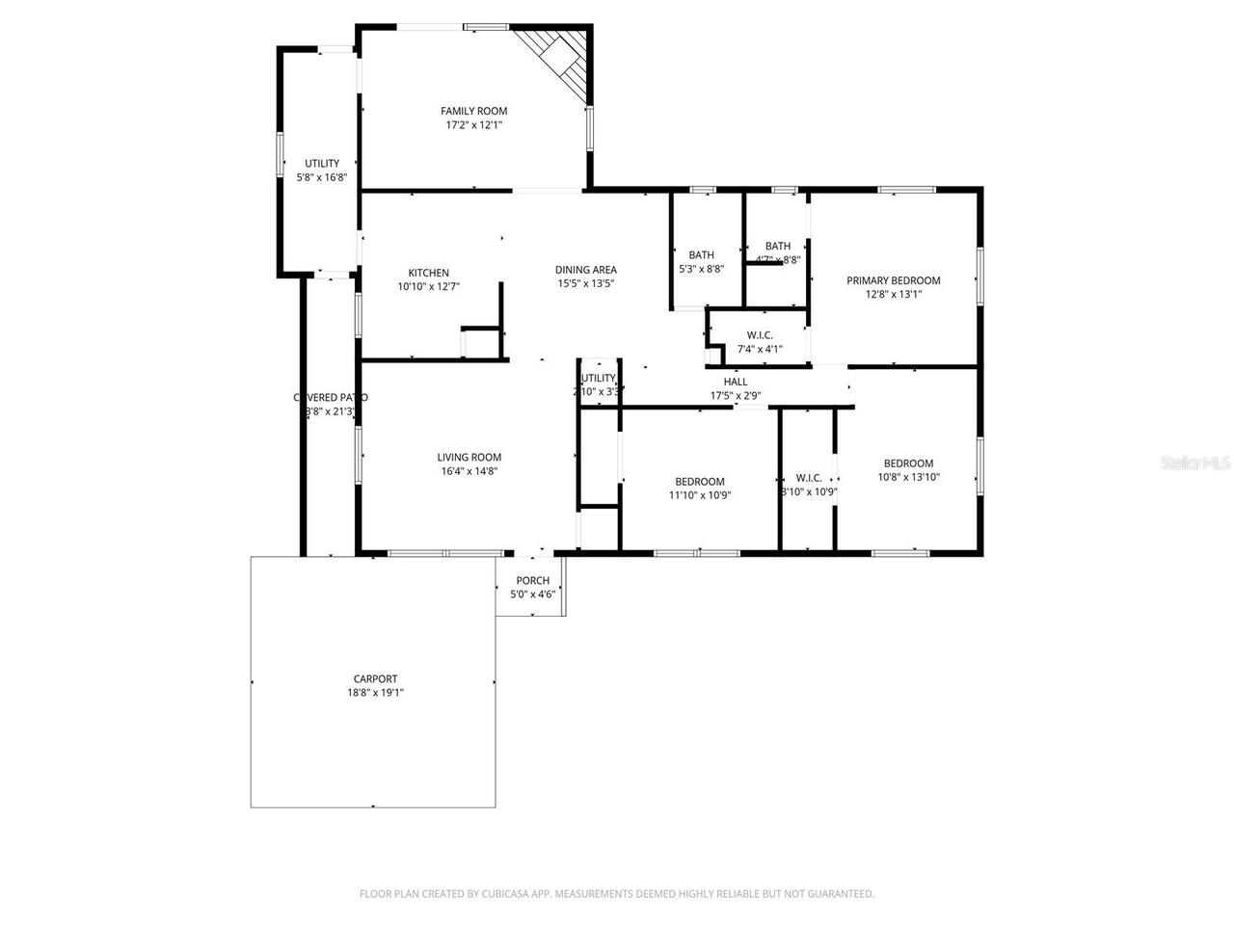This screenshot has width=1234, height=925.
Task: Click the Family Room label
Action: (x=473, y=111)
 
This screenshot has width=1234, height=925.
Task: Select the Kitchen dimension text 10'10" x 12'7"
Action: (x=428, y=286)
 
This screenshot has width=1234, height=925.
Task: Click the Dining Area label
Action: (x=585, y=270)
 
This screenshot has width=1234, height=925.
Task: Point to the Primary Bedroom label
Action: (x=893, y=280)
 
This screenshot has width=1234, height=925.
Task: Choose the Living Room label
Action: (x=469, y=458)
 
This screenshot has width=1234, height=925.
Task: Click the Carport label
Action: (x=375, y=678)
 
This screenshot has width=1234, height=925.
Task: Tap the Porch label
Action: (x=532, y=580)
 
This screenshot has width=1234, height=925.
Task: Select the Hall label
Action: (x=736, y=382)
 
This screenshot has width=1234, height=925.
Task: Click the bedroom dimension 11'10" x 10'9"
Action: (x=700, y=495)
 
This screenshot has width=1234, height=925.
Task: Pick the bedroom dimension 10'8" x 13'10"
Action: (x=908, y=477)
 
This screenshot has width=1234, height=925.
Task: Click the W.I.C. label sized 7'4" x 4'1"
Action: (x=760, y=335)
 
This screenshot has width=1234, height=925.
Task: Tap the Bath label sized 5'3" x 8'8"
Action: (x=701, y=255)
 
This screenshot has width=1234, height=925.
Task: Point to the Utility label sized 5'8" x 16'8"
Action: (x=322, y=164)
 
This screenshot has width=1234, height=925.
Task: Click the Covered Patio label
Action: (x=330, y=397)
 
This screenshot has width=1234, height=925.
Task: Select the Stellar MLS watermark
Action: (x=1195, y=462)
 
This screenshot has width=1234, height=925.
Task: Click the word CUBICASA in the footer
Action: (x=514, y=894)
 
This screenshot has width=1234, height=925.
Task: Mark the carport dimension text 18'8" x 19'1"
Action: (x=375, y=692)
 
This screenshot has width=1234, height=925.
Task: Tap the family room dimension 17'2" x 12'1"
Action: (x=473, y=124)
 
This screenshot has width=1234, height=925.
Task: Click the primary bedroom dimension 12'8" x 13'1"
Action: (x=893, y=294)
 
